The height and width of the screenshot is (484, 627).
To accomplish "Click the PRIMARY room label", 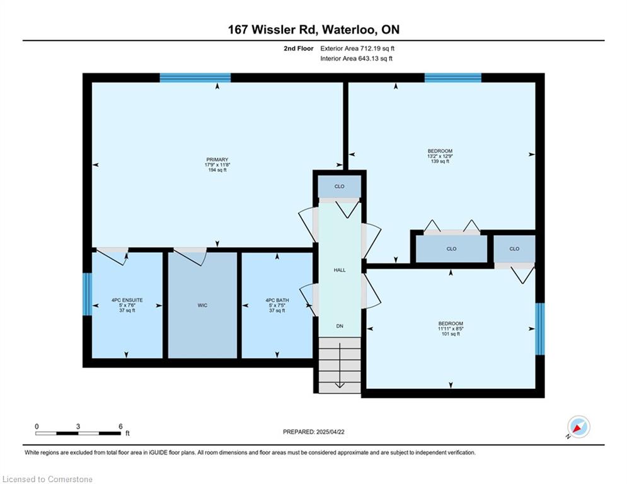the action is click(217, 159).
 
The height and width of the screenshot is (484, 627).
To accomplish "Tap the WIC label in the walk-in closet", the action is click(202, 306).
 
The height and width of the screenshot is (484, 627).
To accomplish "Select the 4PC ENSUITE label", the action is click(127, 300).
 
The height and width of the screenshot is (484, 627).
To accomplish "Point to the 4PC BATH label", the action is click(277, 300).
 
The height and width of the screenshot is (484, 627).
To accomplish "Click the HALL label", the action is click(340, 270).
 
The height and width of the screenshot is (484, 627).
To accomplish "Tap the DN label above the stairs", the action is click(340, 326).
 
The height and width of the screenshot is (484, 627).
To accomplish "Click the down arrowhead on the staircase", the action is click(340, 385).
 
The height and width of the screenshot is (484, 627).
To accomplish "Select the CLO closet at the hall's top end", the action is click(340, 187).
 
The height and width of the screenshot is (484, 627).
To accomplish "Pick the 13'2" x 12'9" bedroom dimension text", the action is click(440, 156).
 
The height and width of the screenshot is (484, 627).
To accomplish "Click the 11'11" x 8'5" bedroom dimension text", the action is click(451, 329).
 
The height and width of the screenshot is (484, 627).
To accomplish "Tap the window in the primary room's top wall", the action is click(195, 78).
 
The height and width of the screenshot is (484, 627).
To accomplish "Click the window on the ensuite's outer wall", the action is click(87, 294).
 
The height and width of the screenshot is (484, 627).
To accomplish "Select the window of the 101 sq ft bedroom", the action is click(540, 329).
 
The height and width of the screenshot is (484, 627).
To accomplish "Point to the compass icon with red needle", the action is click(578, 427).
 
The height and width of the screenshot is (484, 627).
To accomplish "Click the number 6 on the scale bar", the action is click(120, 427).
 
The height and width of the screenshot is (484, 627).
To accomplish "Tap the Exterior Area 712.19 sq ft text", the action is click(357, 49).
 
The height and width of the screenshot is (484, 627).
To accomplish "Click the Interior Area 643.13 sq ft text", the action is click(356, 59).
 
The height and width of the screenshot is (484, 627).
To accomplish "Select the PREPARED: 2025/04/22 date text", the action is click(314, 432).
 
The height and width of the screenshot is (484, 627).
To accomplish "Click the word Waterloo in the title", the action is click(348, 30).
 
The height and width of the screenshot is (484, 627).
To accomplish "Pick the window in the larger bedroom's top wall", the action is click(453, 78).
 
